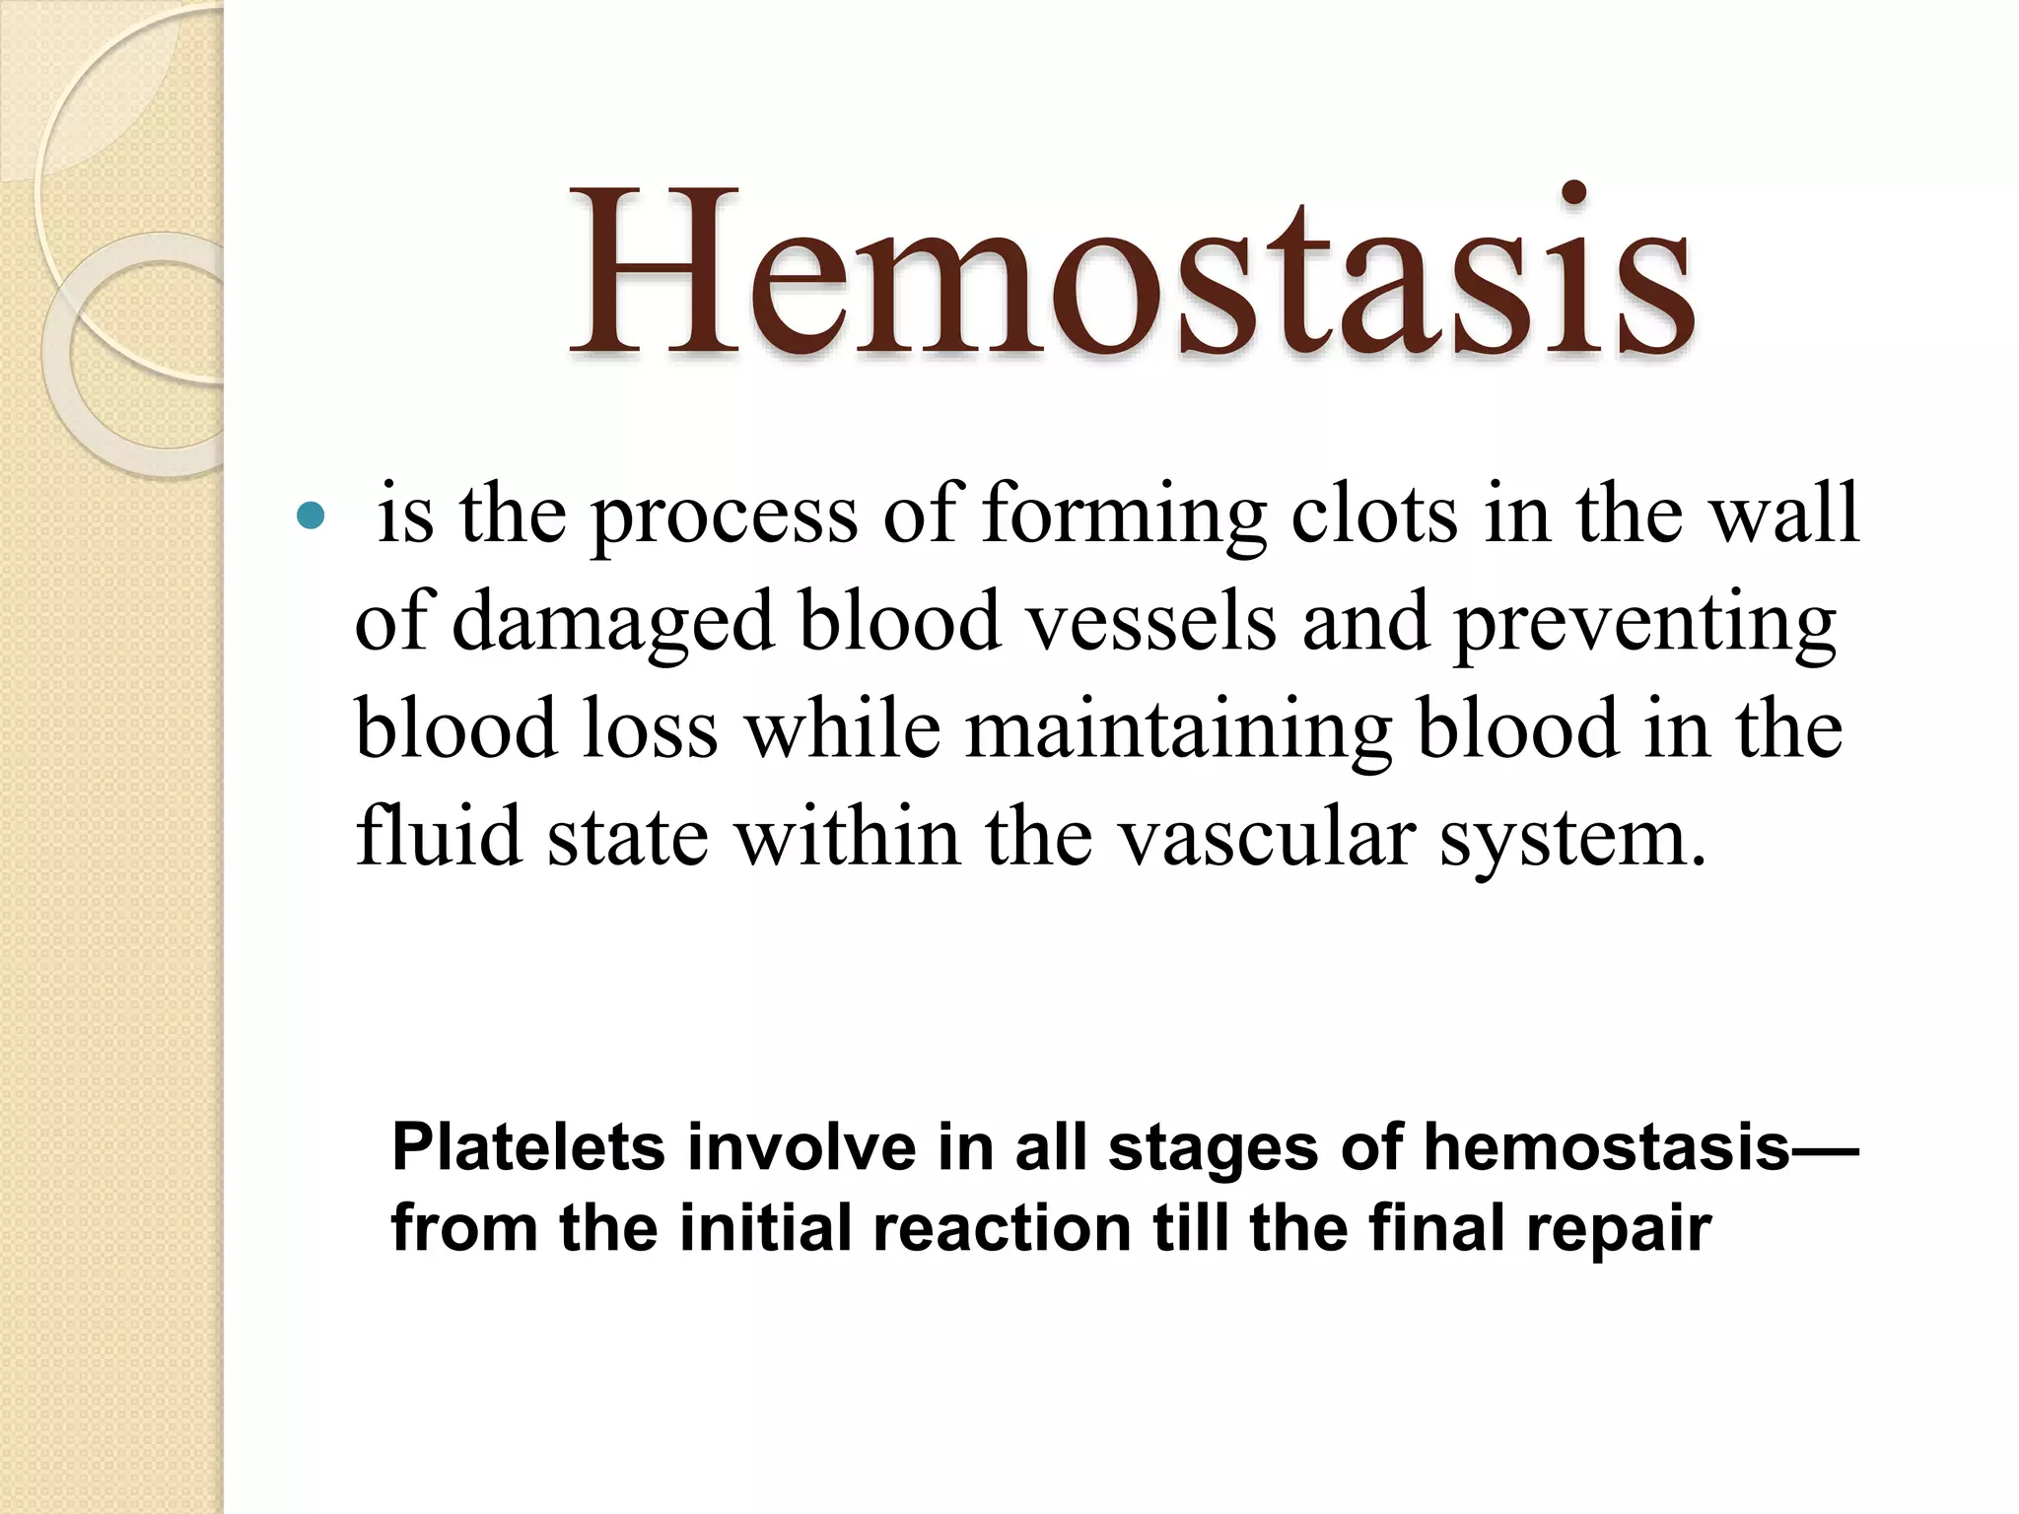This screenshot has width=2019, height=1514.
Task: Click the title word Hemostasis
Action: [1132, 270]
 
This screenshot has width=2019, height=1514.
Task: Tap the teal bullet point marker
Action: [311, 516]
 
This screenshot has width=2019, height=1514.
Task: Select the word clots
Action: [1374, 514]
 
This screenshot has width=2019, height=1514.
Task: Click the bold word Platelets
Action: [528, 1147]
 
